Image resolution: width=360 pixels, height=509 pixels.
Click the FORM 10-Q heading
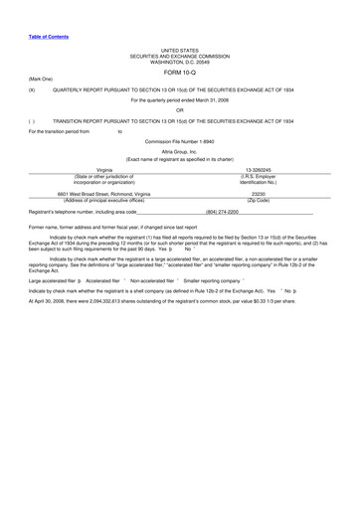(x=180, y=72)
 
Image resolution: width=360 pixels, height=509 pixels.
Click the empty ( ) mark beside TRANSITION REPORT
(x=33, y=120)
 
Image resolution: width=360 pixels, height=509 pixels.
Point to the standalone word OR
(x=180, y=110)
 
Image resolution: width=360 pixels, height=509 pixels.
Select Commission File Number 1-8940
(x=180, y=141)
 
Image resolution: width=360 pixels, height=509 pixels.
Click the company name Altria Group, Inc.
(x=180, y=151)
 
